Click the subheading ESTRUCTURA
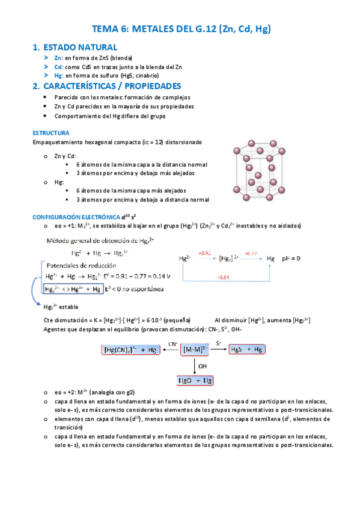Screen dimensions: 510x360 click(51, 132)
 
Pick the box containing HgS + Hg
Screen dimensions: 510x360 click(247, 349)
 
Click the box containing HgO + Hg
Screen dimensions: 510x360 click(195, 380)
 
